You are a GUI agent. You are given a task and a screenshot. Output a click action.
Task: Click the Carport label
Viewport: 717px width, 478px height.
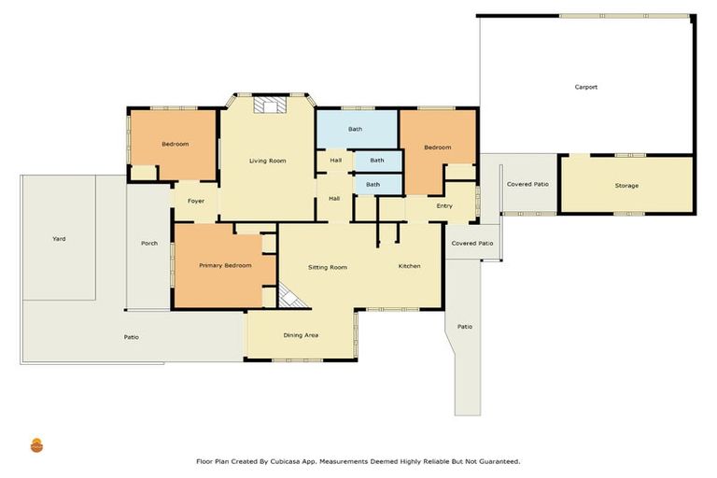coord(585,88)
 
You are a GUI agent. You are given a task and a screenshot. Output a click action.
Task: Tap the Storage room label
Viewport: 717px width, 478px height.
coord(626,186)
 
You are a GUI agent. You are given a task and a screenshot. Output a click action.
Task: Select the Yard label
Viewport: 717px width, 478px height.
coord(59,239)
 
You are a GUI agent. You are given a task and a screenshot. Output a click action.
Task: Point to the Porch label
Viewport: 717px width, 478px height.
coord(149,244)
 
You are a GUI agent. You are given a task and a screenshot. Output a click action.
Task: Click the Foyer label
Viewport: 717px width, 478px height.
coord(196,202)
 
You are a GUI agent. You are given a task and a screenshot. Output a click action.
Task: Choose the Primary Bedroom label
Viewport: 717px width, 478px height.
coord(225,266)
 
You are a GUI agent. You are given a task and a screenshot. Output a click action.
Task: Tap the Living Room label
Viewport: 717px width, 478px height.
coord(267,162)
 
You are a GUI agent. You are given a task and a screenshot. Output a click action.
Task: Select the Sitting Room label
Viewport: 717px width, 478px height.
coord(328,268)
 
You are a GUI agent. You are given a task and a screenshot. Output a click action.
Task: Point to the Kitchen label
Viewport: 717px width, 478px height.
coord(409,267)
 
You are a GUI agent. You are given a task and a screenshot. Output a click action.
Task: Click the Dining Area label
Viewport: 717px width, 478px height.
coord(302,334)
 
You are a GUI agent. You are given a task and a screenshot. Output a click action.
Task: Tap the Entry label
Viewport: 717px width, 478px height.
coord(444,206)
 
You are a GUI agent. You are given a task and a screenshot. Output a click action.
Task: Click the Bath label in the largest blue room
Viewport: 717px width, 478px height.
coord(356,129)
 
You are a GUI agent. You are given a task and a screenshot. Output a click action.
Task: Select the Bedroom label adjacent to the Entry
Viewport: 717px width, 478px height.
coord(437,148)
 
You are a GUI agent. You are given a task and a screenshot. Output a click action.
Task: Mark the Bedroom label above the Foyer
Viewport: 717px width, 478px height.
coord(175,144)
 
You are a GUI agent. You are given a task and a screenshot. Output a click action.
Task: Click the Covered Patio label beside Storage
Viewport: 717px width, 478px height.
coord(527,185)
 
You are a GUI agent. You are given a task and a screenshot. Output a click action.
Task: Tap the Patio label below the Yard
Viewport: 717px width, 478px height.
coord(132,337)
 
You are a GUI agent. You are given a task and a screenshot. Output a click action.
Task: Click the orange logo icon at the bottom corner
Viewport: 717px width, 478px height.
coord(37,445)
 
